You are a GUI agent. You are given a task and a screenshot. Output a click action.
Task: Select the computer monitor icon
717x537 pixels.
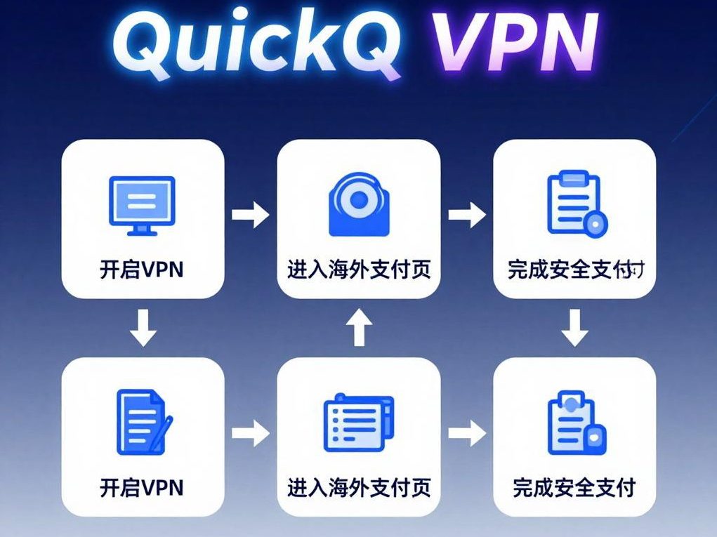142,204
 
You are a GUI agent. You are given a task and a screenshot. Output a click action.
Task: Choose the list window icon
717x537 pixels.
358,421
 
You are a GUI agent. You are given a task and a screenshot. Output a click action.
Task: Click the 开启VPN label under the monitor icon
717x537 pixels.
142,270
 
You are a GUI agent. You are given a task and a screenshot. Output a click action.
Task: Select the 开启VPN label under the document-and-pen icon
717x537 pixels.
142,486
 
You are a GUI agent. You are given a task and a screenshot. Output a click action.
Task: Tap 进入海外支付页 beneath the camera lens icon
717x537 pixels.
359,270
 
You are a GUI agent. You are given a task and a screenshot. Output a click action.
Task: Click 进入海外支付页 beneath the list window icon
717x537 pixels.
359,486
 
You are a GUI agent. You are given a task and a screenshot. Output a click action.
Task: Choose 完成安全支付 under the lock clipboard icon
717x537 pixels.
574,486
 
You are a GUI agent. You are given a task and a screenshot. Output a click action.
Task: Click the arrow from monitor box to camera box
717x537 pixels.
250,215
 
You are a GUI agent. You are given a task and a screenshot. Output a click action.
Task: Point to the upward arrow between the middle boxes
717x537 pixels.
359,327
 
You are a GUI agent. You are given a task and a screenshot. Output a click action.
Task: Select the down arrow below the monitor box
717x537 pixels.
143,327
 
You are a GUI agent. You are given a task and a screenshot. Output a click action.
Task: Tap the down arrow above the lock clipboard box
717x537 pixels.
575,327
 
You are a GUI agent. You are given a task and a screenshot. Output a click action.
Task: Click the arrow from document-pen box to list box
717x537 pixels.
250,432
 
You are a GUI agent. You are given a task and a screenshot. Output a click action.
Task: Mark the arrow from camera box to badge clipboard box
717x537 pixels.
467,215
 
